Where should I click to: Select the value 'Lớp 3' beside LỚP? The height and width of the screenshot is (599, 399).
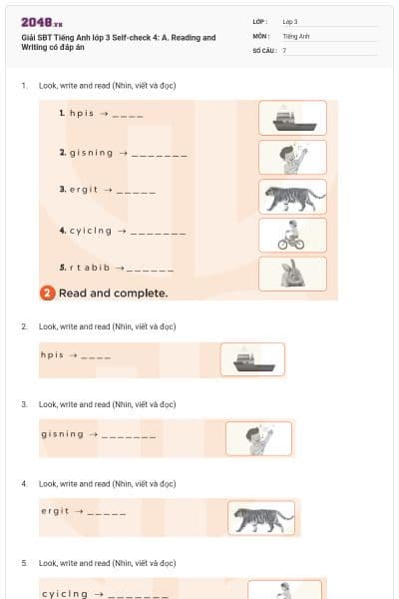[290, 21]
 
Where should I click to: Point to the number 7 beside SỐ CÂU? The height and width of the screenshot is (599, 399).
[284, 49]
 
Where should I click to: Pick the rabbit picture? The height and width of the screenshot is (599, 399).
[292, 274]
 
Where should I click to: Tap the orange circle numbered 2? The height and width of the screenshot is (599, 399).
[47, 294]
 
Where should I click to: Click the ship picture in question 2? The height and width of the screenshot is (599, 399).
[252, 359]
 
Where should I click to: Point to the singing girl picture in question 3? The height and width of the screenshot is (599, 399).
[258, 438]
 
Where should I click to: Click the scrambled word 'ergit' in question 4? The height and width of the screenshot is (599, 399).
[56, 511]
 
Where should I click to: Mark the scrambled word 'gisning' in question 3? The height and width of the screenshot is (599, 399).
[63, 433]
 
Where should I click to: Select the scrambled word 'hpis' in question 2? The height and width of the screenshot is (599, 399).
[52, 354]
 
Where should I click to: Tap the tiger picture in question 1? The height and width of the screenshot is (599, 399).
[292, 196]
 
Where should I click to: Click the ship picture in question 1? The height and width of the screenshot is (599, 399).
[292, 118]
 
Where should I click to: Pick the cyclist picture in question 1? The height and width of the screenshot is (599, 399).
[292, 235]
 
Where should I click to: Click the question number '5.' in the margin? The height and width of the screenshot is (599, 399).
[25, 563]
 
